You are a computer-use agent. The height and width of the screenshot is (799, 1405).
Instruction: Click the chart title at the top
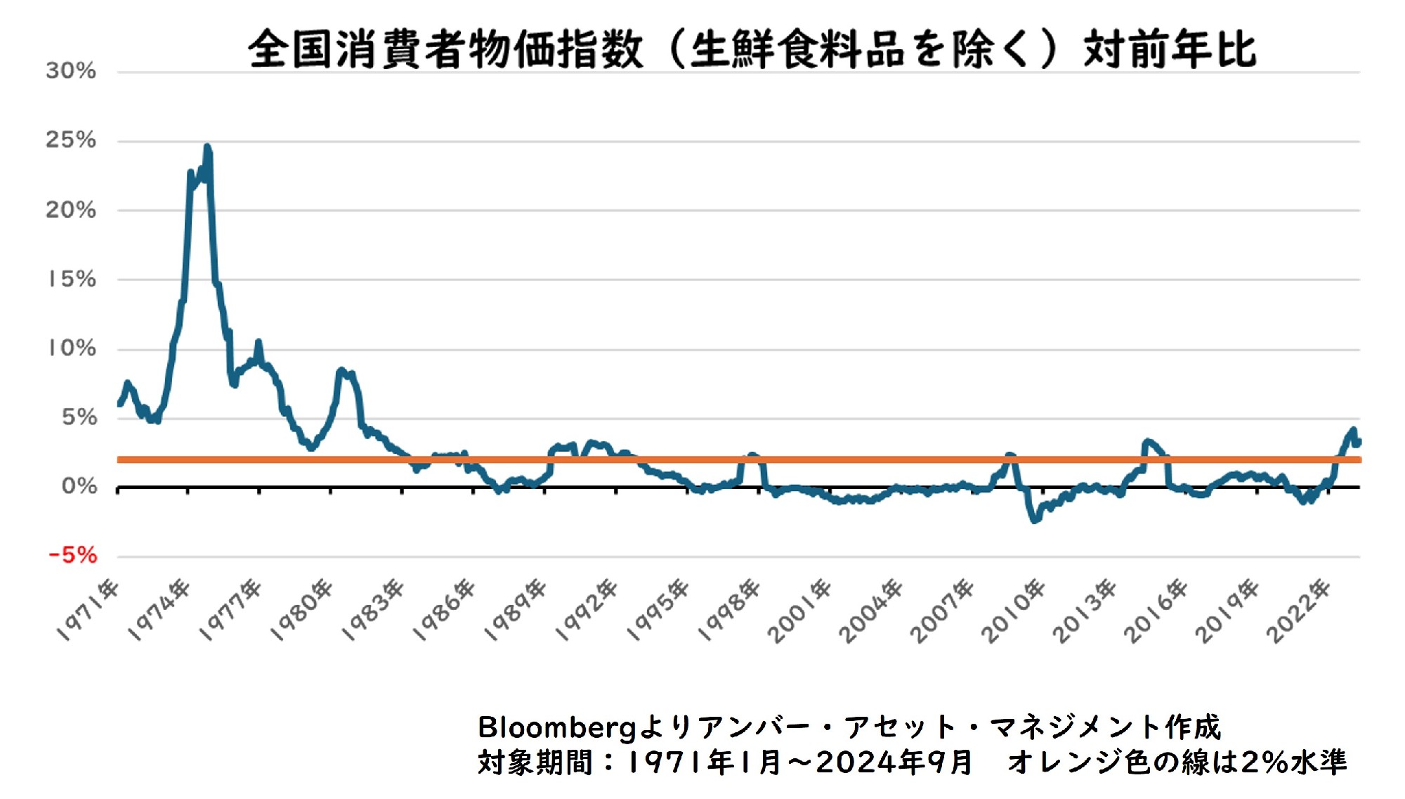(752, 49)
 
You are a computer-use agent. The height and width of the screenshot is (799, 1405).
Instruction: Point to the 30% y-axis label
(71, 70)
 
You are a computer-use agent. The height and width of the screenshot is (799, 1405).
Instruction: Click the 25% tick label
(71, 140)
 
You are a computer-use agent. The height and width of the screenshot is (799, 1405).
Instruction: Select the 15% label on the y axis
(71, 279)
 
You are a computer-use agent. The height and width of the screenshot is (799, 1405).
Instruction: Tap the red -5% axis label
(72, 555)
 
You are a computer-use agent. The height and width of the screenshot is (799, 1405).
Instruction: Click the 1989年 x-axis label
(517, 610)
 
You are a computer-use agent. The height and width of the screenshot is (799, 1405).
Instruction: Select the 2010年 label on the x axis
(1014, 610)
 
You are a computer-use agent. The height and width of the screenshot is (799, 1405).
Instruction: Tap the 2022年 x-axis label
(1299, 610)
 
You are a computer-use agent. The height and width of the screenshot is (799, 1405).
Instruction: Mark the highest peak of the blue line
(207, 147)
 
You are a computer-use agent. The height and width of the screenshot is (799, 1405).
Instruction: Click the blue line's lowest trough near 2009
(1034, 521)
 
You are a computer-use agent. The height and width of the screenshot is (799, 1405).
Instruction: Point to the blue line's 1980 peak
(341, 370)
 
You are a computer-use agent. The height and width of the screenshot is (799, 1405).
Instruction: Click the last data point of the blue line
(1359, 442)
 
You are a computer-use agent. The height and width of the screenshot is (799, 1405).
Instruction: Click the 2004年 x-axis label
(872, 610)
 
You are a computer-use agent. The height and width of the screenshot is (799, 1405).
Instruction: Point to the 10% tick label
(71, 348)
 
